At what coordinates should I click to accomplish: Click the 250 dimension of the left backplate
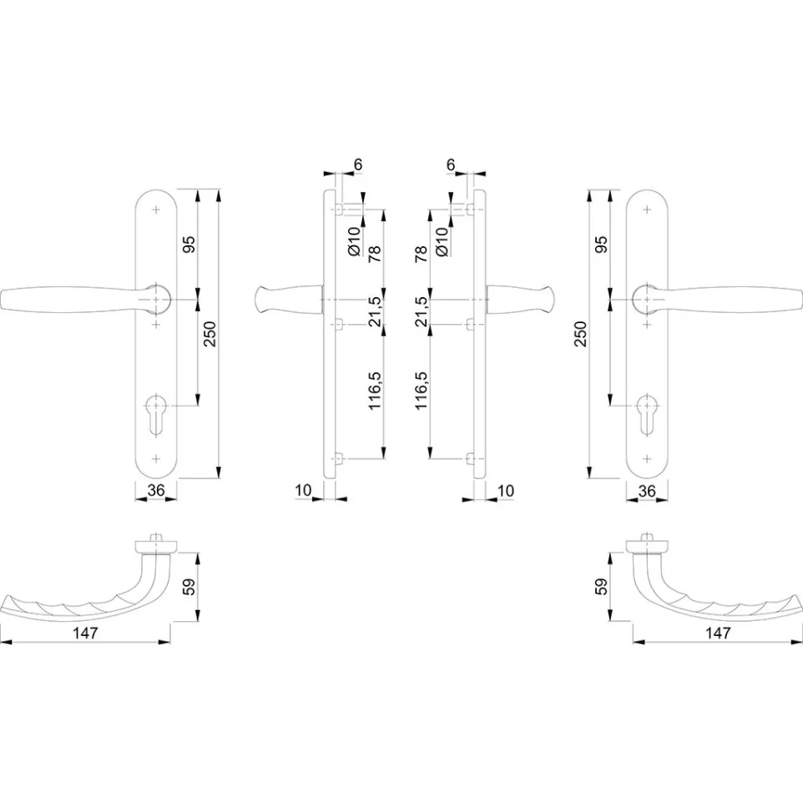[x=210, y=334]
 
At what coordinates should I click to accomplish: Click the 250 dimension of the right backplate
[x=580, y=334]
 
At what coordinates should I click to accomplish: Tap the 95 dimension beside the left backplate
[x=189, y=245]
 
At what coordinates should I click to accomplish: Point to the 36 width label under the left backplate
[x=156, y=491]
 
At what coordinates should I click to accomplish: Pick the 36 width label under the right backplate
[x=647, y=491]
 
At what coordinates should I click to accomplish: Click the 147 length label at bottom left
[x=85, y=633]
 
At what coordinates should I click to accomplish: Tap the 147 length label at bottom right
[x=718, y=633]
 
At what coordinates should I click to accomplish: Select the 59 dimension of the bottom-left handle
[x=189, y=586]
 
